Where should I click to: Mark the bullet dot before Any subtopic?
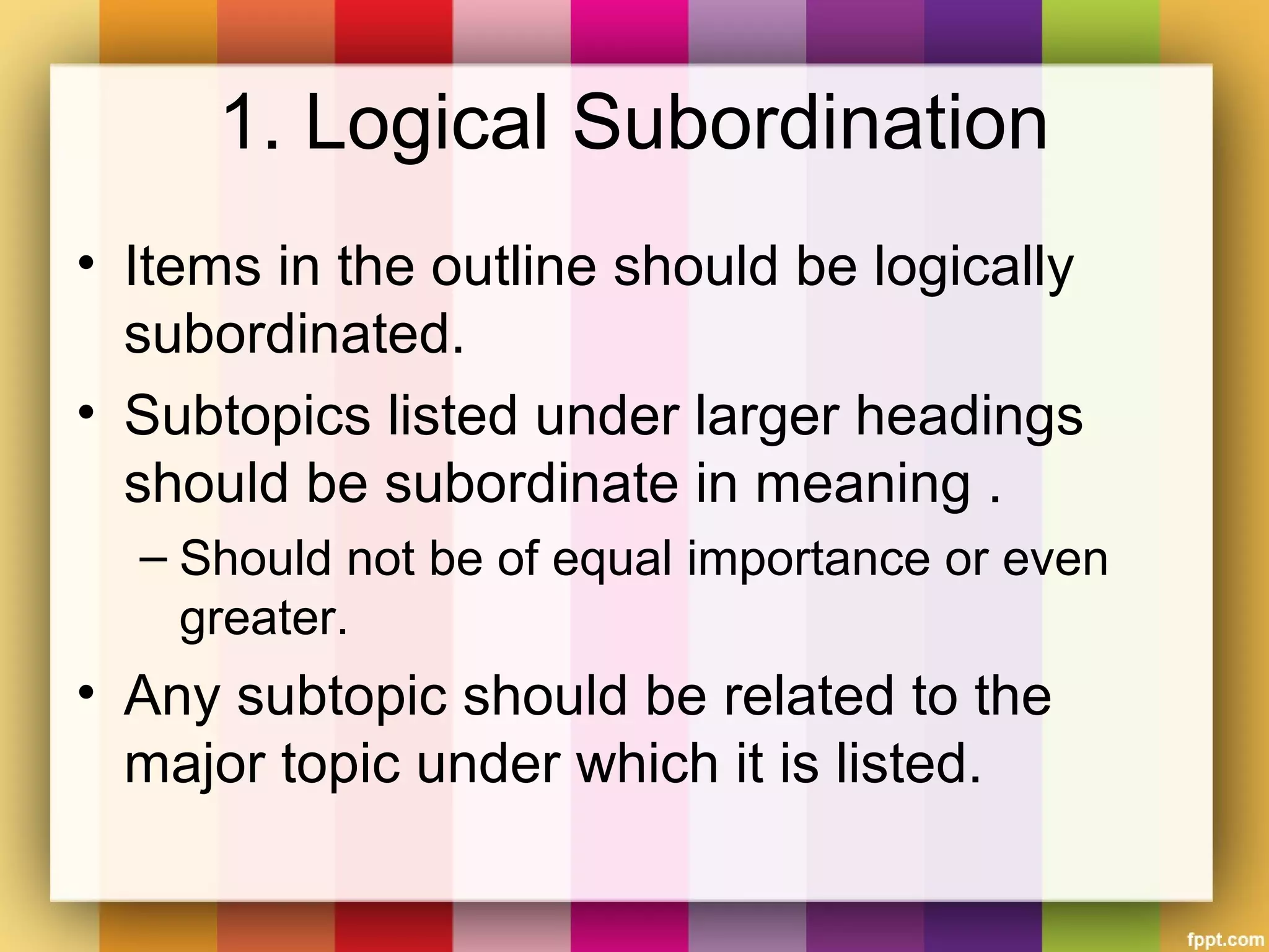[x=86, y=690]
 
